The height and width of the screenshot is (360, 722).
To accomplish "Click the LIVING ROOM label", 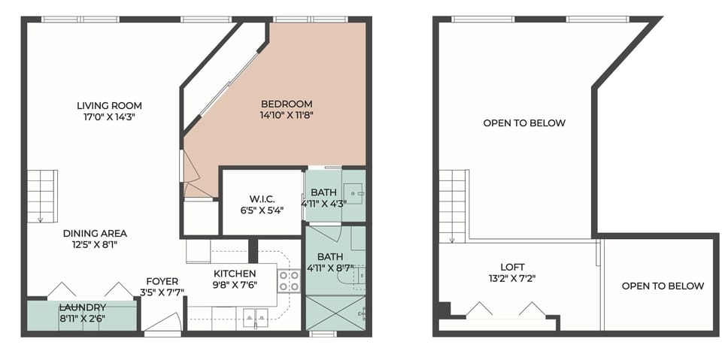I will click(x=109, y=105).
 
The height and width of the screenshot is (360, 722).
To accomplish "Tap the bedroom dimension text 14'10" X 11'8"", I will click(x=286, y=116).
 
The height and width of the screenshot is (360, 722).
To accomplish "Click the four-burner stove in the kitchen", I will click(x=290, y=281).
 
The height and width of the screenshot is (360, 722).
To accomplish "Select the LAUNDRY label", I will click(x=82, y=307).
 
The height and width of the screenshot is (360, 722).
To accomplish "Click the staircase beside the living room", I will click(x=42, y=195).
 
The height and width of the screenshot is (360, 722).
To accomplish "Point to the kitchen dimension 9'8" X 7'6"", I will click(x=235, y=285).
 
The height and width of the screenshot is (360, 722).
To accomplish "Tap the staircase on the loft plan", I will click(x=454, y=204).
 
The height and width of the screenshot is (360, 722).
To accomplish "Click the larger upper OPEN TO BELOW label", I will click(x=523, y=123).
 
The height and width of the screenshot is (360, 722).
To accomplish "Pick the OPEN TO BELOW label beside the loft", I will click(x=662, y=286).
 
